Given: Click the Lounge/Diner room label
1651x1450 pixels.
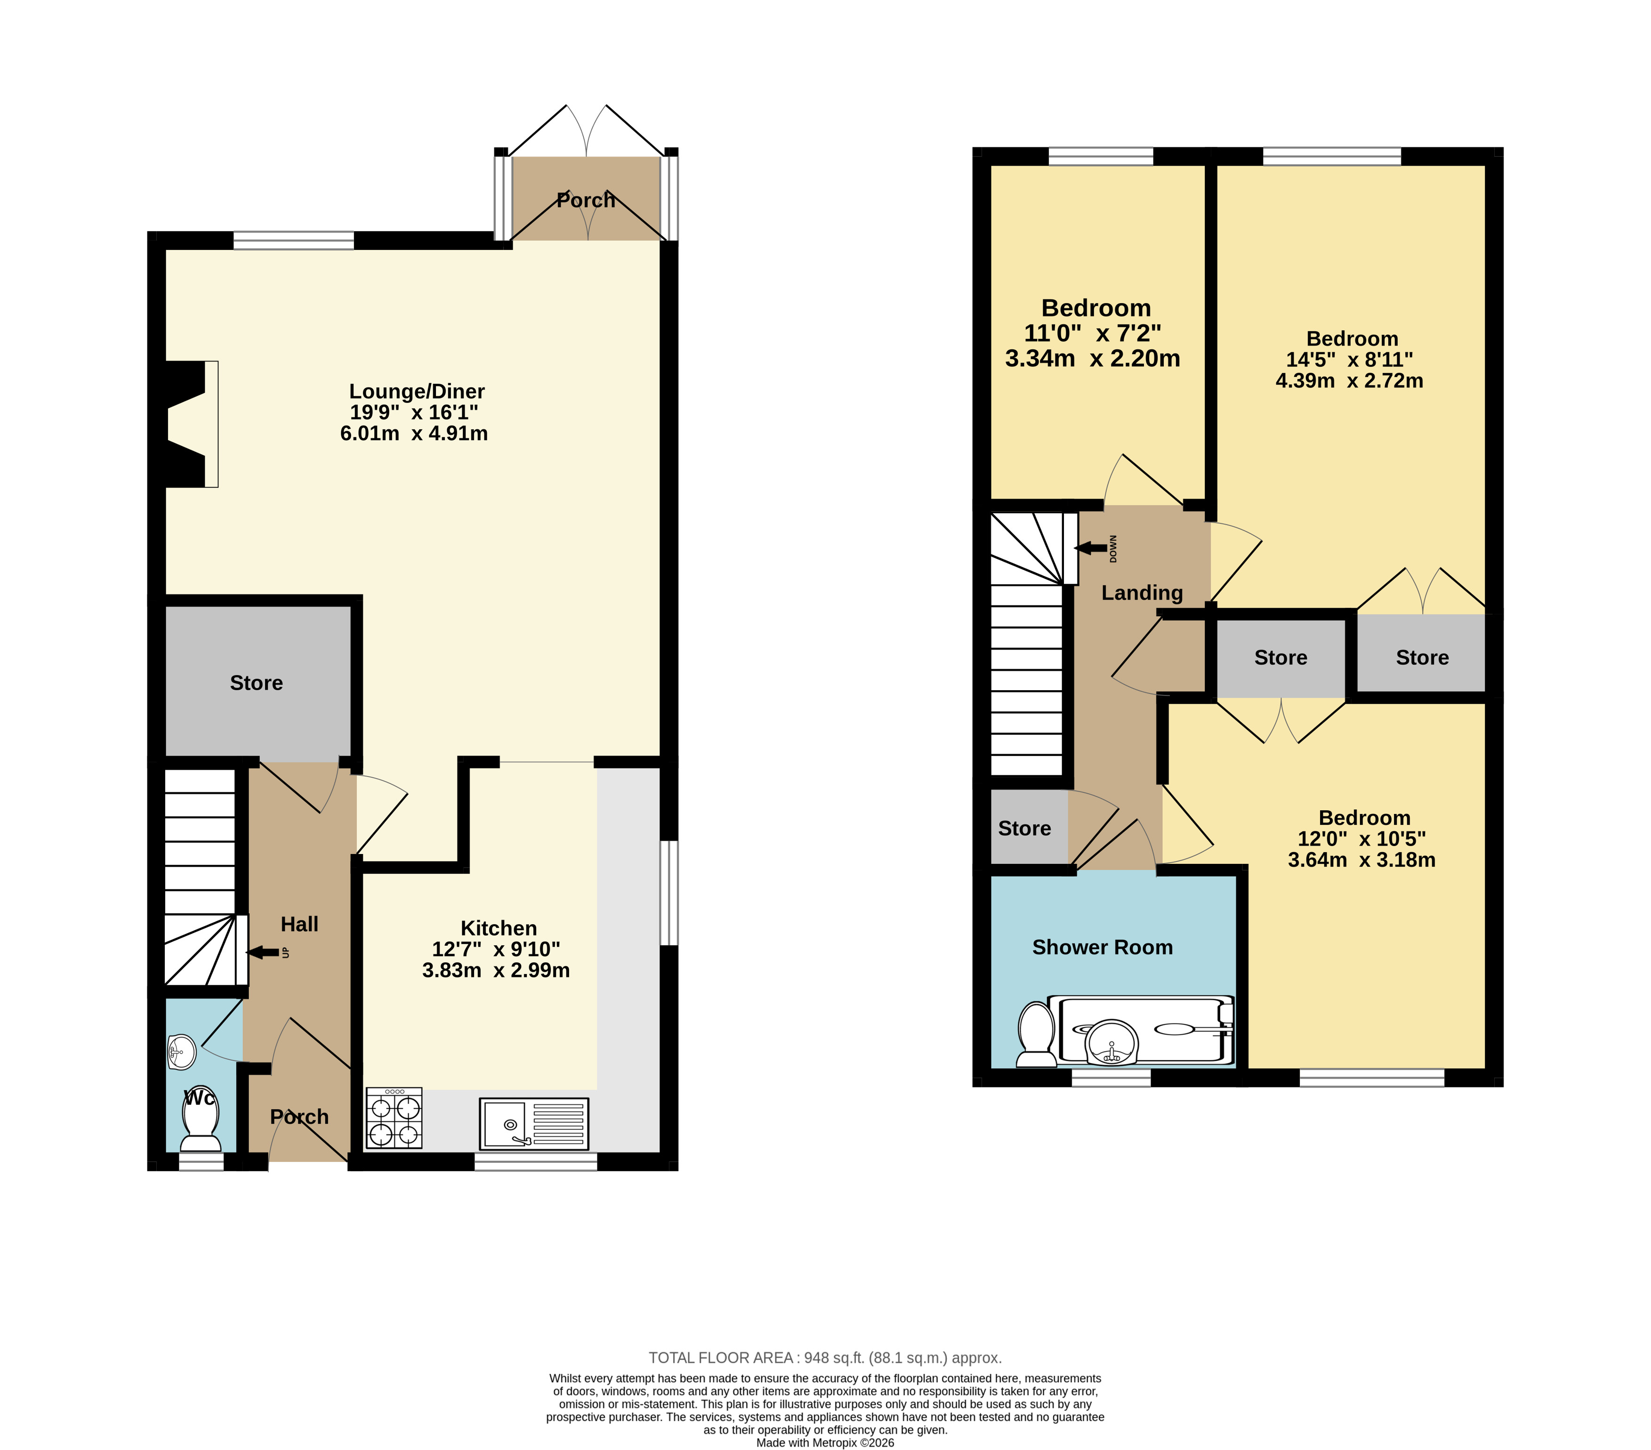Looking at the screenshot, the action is click(417, 392).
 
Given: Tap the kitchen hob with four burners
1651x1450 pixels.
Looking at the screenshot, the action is click(394, 1118).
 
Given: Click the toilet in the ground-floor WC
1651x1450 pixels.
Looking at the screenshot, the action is click(201, 1119).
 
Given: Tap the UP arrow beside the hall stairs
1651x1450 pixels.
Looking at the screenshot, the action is click(263, 952).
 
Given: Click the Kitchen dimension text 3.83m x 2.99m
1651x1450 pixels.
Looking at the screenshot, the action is click(496, 970).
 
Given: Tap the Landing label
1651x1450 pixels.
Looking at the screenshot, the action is click(1142, 593).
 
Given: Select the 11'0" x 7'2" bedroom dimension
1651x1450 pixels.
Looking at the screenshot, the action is click(1092, 333).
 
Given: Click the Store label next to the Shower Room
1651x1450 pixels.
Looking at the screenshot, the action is click(1024, 828).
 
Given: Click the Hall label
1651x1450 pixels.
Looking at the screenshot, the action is click(300, 924).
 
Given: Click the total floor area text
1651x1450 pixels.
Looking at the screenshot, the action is click(826, 1358).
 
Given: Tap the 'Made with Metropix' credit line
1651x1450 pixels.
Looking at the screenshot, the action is click(826, 1443).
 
